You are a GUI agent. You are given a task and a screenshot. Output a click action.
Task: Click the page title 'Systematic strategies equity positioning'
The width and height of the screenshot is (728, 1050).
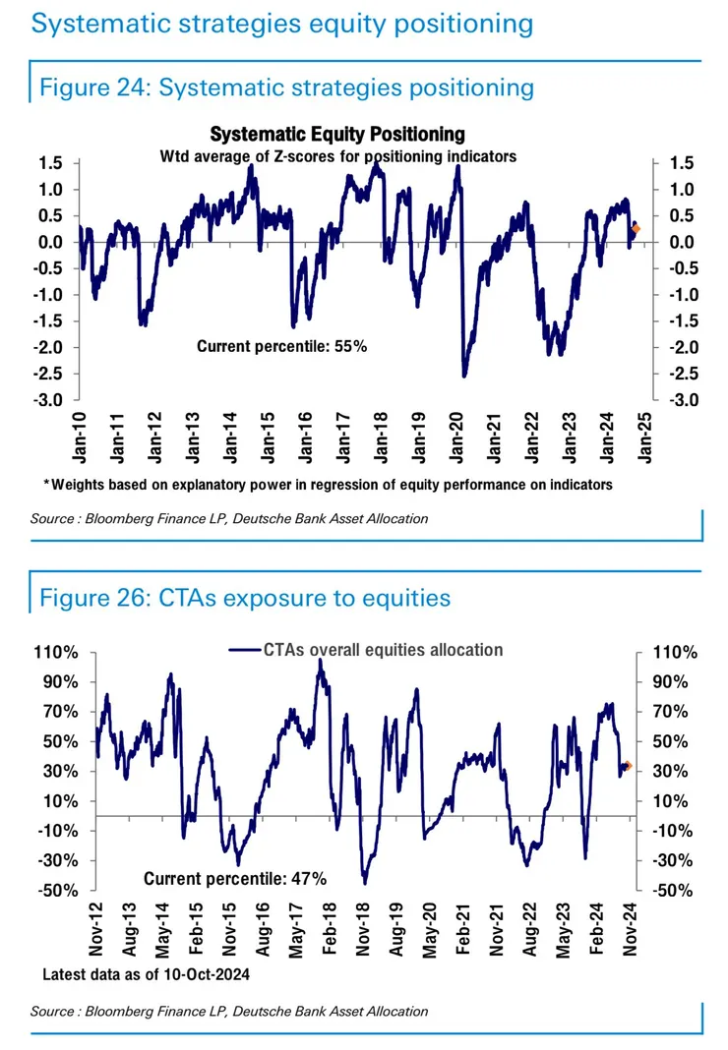pyautogui.click(x=281, y=24)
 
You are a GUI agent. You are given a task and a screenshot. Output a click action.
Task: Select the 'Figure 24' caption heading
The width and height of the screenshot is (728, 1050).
pyautogui.click(x=285, y=87)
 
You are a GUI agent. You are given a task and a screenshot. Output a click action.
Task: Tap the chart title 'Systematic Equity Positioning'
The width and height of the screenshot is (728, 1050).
pyautogui.click(x=337, y=135)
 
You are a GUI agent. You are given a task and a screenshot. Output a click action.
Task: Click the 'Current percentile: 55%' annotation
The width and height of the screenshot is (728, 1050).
pyautogui.click(x=281, y=346)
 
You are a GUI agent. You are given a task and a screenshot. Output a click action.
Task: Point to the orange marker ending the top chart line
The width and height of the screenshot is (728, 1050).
pyautogui.click(x=636, y=229)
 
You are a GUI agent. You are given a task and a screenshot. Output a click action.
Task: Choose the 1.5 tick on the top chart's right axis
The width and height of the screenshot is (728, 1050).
pyautogui.click(x=681, y=163)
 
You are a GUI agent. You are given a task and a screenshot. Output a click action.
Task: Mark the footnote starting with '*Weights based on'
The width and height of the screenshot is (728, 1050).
pyautogui.click(x=329, y=484)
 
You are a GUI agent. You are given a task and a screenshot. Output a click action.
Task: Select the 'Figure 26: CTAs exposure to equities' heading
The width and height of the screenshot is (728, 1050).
pyautogui.click(x=244, y=597)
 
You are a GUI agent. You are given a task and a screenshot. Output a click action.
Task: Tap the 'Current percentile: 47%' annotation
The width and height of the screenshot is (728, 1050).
pyautogui.click(x=235, y=878)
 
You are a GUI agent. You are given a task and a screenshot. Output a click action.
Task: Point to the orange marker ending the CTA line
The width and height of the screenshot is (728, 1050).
pyautogui.click(x=628, y=766)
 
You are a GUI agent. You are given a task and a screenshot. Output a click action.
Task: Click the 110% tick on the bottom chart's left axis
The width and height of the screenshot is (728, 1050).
pyautogui.click(x=59, y=653)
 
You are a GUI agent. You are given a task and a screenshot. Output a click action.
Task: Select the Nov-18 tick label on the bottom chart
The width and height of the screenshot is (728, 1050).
pyautogui.click(x=363, y=930)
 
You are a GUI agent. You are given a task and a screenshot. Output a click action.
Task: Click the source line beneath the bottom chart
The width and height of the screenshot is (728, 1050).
pyautogui.click(x=229, y=1011)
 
